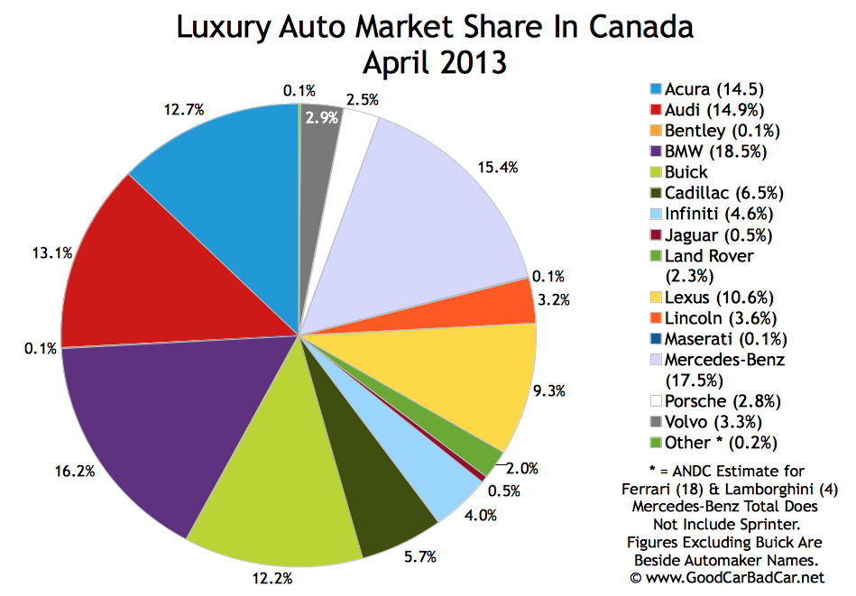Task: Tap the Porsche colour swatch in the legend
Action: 656,401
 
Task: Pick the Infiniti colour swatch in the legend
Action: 656,214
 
